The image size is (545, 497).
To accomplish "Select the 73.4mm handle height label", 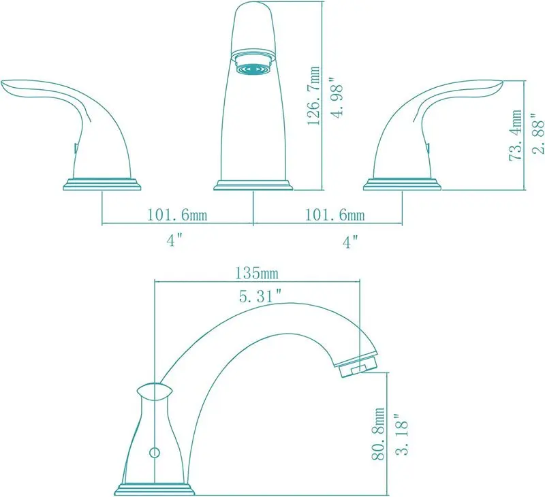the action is (x=515, y=135).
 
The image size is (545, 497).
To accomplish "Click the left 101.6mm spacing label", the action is (x=177, y=214).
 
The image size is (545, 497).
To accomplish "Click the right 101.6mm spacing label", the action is (x=335, y=214).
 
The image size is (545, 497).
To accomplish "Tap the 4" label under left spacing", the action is (x=174, y=240).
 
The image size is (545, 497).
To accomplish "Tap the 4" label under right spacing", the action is (x=350, y=242).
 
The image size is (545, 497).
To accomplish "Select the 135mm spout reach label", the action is (x=257, y=273).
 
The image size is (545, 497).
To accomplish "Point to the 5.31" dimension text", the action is (x=260, y=296).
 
